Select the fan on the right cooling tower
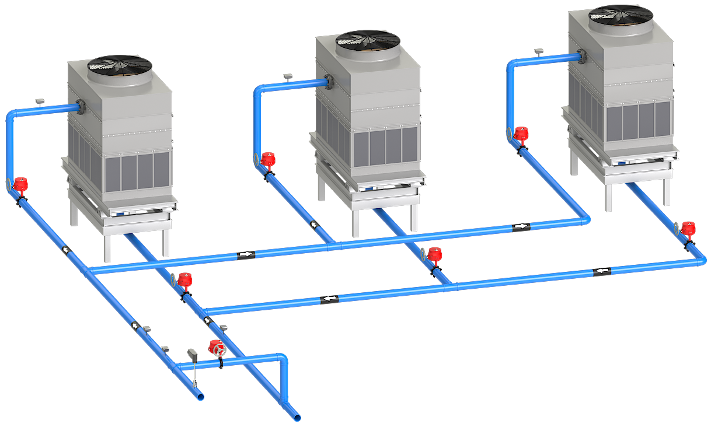[621, 14]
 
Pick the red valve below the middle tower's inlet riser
[267, 159]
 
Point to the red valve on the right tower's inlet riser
[521, 135]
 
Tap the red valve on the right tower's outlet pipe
[688, 229]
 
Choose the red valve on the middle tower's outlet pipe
[433, 255]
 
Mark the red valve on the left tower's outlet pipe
[185, 280]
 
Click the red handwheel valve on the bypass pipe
[217, 348]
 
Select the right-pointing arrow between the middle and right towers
[520, 226]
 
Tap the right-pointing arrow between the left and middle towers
[246, 254]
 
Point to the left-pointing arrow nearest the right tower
[601, 271]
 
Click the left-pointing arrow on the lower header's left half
[329, 299]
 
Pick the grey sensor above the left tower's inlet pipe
[40, 101]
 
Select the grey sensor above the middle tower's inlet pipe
[288, 76]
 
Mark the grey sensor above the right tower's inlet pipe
[539, 51]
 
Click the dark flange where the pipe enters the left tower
[81, 106]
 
